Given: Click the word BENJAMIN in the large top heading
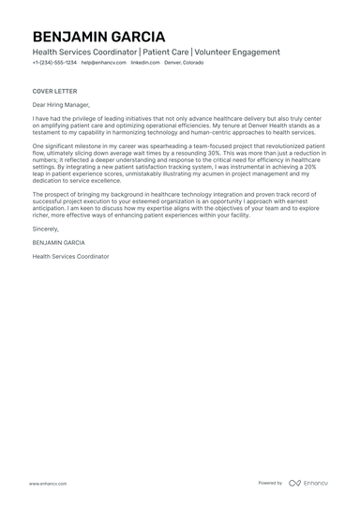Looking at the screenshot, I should [75, 36].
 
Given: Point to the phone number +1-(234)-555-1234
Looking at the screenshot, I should [53, 65].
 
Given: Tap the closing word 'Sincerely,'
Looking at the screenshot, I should [45, 227].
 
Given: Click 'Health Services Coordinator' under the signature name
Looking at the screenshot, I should [70, 255].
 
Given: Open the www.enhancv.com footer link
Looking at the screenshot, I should [47, 484].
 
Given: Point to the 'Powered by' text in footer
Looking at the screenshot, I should [270, 483].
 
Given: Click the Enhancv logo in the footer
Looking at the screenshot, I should [308, 483].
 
